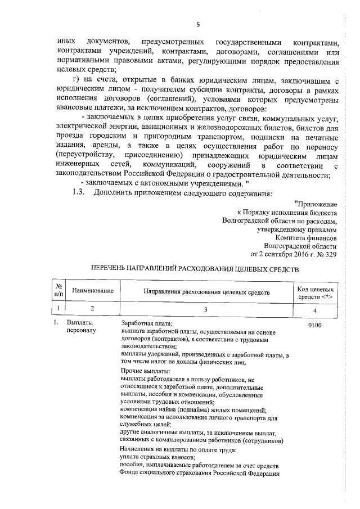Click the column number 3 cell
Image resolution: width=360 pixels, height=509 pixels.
pos(206,309)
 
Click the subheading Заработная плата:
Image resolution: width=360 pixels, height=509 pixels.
pos(147,324)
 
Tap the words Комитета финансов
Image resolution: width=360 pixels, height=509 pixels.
pos(307,237)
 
